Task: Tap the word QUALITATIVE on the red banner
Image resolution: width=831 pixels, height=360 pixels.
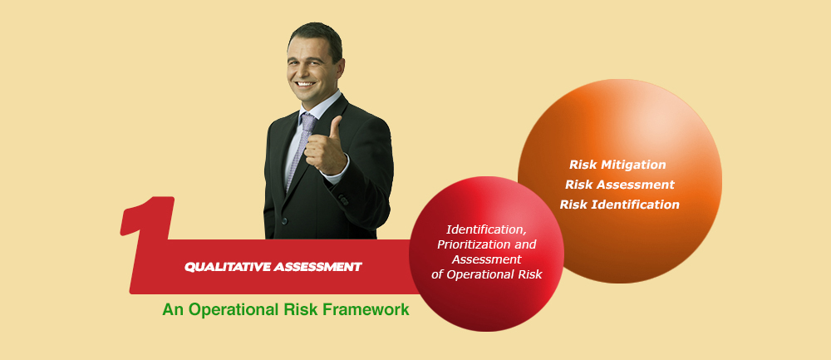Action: [x=228, y=267]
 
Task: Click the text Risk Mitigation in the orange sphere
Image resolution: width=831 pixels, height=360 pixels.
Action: [x=617, y=165]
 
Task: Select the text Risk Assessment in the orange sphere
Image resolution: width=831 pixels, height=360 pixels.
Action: [x=620, y=185]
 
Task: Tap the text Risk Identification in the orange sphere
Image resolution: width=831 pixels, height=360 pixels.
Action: [x=620, y=205]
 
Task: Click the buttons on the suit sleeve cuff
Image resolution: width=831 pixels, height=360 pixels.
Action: [x=343, y=200]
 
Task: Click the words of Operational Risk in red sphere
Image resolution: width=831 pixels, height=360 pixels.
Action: [x=486, y=274]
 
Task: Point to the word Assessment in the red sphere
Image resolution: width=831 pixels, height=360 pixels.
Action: [x=486, y=259]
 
